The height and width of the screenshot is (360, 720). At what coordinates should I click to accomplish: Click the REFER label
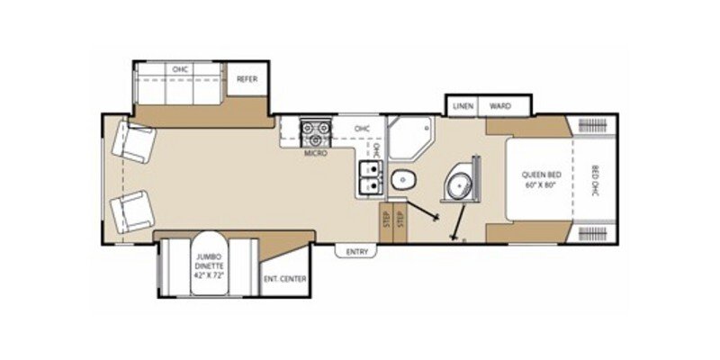tap(247, 79)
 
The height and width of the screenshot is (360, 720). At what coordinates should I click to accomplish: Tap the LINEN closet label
tap(463, 106)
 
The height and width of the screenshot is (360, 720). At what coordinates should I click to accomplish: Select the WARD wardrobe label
tap(499, 106)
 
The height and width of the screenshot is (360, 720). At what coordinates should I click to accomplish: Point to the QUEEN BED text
tap(540, 175)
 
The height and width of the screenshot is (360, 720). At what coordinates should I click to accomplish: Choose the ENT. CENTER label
tap(285, 279)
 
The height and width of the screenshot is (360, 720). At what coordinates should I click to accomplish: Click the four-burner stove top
tap(316, 134)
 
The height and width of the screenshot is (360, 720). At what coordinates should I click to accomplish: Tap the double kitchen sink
tap(370, 177)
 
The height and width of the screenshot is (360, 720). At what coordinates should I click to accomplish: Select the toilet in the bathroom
tap(403, 179)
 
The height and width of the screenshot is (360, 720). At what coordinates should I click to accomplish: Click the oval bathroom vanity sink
tap(463, 184)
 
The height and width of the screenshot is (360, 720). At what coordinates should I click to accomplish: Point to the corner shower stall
tap(409, 135)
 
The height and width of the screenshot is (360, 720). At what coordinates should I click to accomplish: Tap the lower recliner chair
tap(131, 212)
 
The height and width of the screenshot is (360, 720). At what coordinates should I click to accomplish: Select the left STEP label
tap(386, 220)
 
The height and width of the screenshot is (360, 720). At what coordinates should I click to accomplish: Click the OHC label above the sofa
tap(178, 67)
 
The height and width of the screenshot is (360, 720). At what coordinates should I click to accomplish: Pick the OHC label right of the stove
tap(362, 128)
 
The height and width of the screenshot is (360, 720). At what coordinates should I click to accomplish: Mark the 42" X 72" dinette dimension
tap(207, 277)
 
